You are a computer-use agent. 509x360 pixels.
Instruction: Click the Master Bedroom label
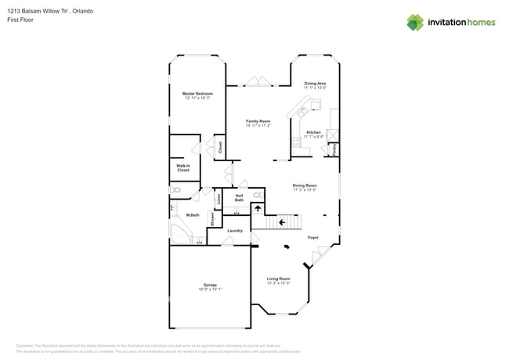[197, 93]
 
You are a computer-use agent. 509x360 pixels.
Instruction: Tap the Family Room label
[258, 121]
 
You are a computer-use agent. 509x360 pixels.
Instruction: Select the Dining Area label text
[315, 83]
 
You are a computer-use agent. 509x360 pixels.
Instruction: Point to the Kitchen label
[314, 131]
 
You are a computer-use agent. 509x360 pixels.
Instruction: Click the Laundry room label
[235, 231]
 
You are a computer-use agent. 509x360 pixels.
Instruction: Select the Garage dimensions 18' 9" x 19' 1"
[210, 290]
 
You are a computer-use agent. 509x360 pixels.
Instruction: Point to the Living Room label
[278, 279]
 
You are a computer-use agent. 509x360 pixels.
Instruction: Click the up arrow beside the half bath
[255, 209]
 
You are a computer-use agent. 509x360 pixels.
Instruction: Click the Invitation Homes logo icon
[417, 22]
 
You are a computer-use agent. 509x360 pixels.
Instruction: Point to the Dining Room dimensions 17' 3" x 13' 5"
[305, 189]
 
